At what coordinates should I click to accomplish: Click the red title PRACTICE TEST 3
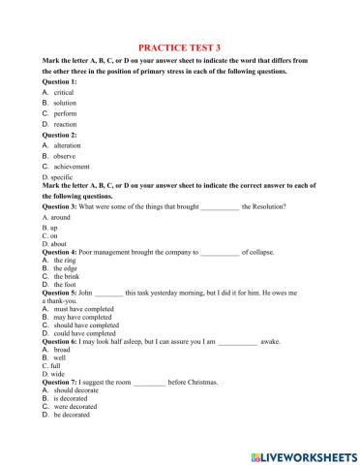[x=180, y=46]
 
